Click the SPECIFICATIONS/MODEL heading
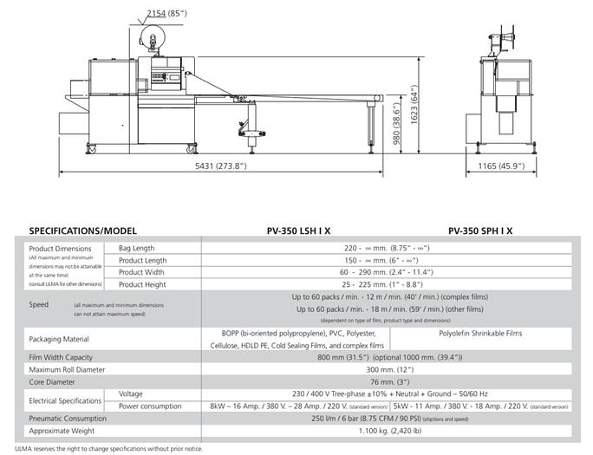84,231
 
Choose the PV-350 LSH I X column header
302,231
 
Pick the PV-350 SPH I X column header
480,231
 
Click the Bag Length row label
138,248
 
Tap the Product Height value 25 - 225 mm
386,284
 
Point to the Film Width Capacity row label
67,357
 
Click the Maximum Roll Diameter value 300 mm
386,369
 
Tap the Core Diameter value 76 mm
386,381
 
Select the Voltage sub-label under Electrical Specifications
133,393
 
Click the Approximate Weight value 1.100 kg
386,430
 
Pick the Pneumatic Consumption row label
74,418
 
